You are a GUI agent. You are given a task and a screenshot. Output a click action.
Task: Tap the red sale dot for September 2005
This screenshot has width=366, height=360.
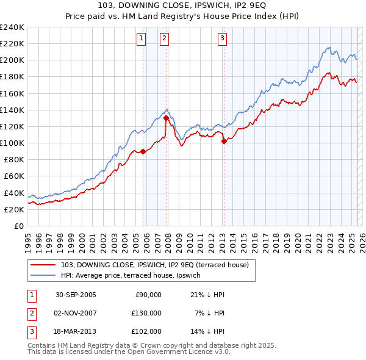point(143,152)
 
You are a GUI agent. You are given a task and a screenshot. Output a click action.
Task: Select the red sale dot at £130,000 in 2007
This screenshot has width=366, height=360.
point(166,118)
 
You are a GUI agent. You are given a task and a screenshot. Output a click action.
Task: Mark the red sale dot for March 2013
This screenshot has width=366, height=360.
point(224,141)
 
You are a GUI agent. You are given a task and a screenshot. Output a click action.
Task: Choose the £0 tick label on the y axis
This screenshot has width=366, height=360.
point(18,226)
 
